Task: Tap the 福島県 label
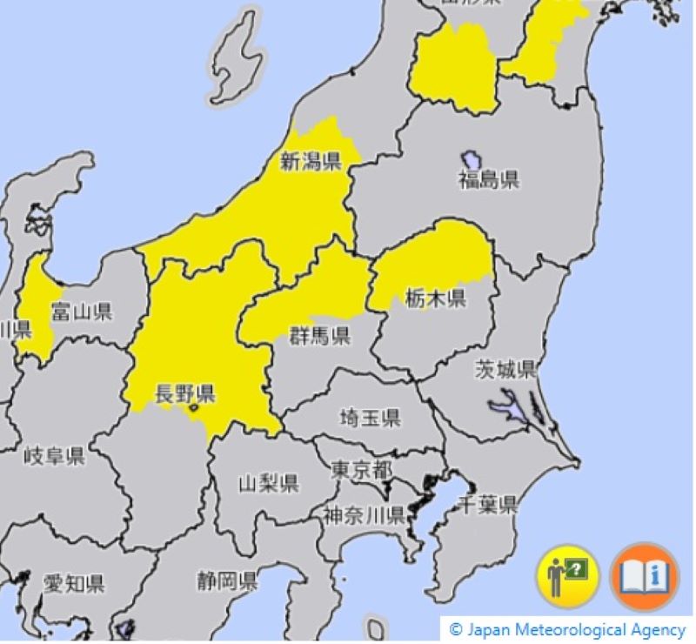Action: click(488, 180)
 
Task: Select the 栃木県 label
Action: click(435, 299)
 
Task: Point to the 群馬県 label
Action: click(319, 335)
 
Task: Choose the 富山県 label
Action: click(82, 312)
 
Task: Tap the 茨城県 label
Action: click(505, 369)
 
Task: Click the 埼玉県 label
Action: click(371, 418)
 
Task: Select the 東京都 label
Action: click(361, 470)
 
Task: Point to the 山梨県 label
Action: click(269, 484)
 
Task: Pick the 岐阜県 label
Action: click(54, 456)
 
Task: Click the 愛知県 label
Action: click(74, 583)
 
